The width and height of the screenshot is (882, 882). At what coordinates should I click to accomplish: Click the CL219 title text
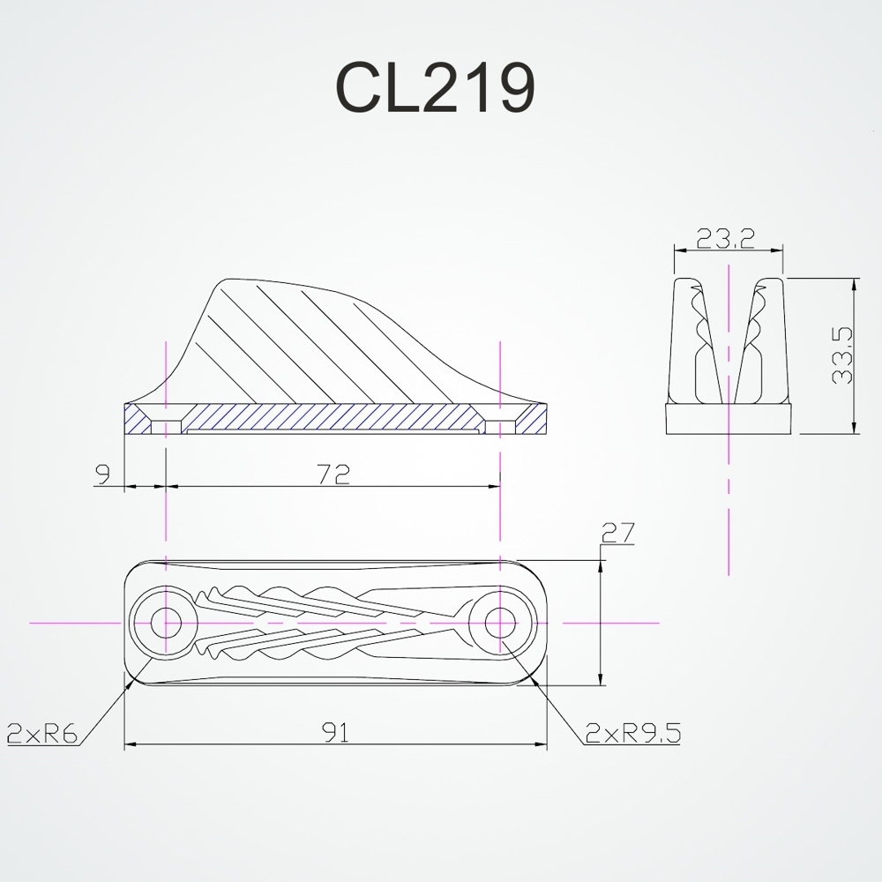pyautogui.click(x=434, y=88)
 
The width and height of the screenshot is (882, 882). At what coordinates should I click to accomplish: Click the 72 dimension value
pyautogui.click(x=334, y=475)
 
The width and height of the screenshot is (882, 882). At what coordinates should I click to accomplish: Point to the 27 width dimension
pyautogui.click(x=617, y=534)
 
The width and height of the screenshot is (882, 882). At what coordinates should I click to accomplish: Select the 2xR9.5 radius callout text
pyautogui.click(x=633, y=732)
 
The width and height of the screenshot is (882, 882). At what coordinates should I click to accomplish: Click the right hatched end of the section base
pyautogui.click(x=529, y=420)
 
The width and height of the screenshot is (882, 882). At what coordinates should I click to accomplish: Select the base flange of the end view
pyautogui.click(x=729, y=418)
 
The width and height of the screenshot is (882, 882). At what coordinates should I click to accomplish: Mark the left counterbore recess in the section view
pyautogui.click(x=166, y=427)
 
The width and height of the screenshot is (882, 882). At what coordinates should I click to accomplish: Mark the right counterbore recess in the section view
pyautogui.click(x=500, y=427)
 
